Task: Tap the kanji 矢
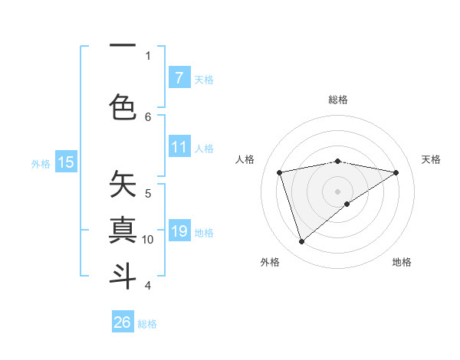click(123, 184)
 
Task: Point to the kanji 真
click(123, 229)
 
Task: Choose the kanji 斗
click(123, 275)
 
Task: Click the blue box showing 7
click(179, 77)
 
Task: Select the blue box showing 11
click(179, 147)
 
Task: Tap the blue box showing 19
click(179, 231)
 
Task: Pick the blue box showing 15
click(66, 162)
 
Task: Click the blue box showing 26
click(123, 322)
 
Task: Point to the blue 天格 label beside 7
click(204, 79)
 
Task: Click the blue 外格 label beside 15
click(41, 163)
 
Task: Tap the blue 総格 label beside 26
click(148, 324)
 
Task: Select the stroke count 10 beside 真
click(148, 240)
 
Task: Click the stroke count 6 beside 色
click(148, 116)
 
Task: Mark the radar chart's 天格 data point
click(396, 172)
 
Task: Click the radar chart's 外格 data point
click(301, 242)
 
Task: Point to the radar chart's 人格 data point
click(280, 172)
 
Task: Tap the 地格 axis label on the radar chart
click(402, 262)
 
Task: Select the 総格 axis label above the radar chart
click(338, 100)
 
